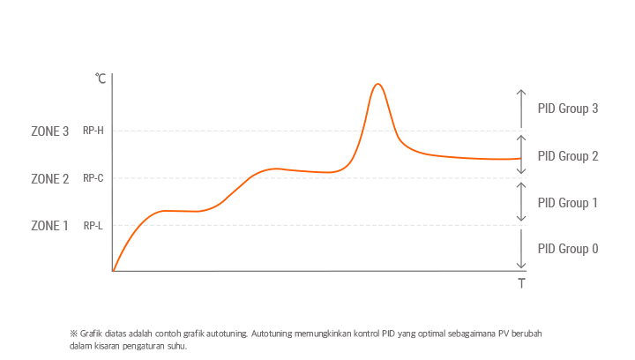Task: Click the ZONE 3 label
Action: (x=49, y=131)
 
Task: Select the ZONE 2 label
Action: (x=49, y=179)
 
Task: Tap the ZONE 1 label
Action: (x=49, y=226)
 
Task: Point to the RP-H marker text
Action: (x=93, y=131)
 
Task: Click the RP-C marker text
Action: (x=93, y=178)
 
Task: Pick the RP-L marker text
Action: (x=93, y=226)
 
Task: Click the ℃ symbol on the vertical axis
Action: (x=101, y=79)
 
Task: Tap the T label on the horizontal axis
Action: (x=521, y=284)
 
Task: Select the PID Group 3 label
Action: (x=568, y=109)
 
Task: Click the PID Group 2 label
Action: (x=568, y=156)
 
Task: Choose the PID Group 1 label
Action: (x=568, y=203)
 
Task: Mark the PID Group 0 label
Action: (x=568, y=249)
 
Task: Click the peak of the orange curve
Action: (x=377, y=84)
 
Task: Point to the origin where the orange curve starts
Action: (x=113, y=271)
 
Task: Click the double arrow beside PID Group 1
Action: (x=521, y=202)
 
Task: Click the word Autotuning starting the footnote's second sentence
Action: (x=274, y=334)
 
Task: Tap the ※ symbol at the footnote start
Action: (x=73, y=334)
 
